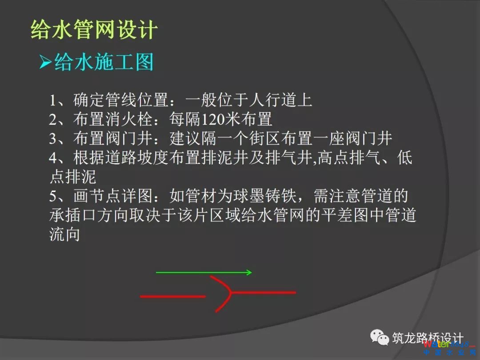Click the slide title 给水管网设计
point(94,30)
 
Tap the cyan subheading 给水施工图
point(104,62)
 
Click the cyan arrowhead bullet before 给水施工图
point(45,62)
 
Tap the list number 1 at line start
point(53,100)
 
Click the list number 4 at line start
point(53,158)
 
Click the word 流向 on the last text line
point(64,234)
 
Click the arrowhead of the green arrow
point(249,272)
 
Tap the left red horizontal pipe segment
point(173,296)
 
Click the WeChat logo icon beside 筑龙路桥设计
point(380,337)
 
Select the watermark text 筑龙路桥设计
point(428,338)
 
